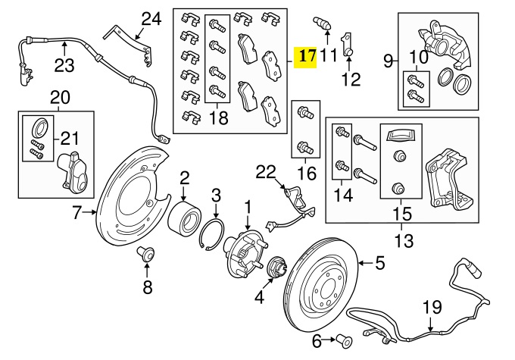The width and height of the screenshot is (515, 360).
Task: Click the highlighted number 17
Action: (x=306, y=57)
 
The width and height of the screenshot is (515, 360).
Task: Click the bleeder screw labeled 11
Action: (x=324, y=23)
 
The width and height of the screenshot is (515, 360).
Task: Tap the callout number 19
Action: (x=431, y=307)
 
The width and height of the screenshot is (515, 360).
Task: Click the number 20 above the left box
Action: (x=59, y=97)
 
